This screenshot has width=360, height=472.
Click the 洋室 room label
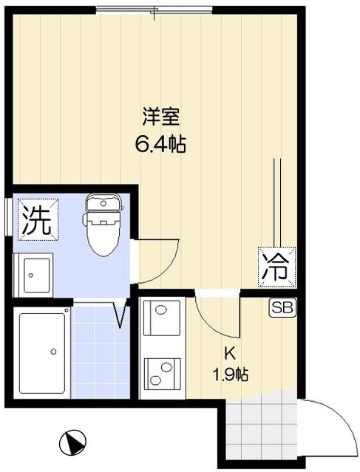click(x=160, y=115)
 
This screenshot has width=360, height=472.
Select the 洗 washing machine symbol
click(x=35, y=219)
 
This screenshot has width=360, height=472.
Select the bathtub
click(x=43, y=353)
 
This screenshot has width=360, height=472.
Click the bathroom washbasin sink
click(x=33, y=274)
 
